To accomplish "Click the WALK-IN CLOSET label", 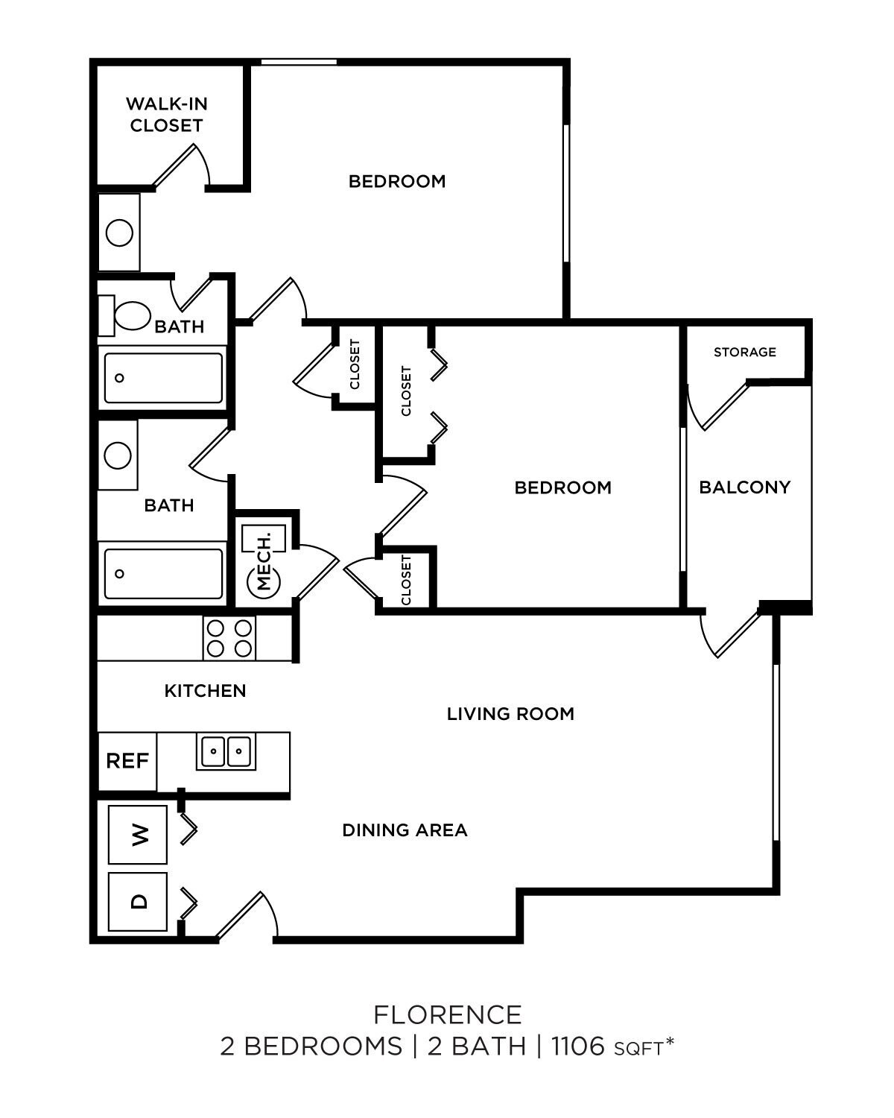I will [x=166, y=114].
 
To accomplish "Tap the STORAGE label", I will [x=744, y=352].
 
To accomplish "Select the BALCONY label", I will [x=744, y=487].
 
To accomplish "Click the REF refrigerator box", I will [x=127, y=761].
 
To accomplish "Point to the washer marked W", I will [x=138, y=834].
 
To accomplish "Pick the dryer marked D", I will [x=138, y=901].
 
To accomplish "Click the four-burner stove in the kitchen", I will [x=229, y=638].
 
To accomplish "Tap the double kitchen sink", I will [x=225, y=751].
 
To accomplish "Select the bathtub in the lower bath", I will [x=163, y=574].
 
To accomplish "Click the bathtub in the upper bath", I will [x=163, y=378].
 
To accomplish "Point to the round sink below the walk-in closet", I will [x=119, y=233].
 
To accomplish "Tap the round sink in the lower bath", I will [x=118, y=455].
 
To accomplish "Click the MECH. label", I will [x=264, y=559].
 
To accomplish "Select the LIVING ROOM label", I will [x=510, y=714].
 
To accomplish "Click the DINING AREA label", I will [x=405, y=830].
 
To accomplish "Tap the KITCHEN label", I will [x=205, y=691].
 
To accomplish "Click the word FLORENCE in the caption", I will [x=447, y=1014].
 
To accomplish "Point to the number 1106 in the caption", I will [x=577, y=1046].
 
